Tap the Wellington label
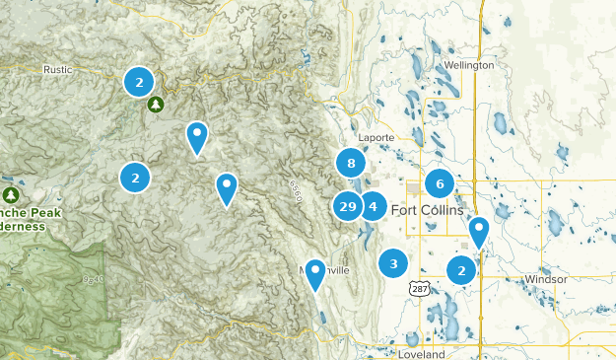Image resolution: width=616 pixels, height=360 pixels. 468,65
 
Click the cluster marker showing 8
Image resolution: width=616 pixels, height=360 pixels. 351,163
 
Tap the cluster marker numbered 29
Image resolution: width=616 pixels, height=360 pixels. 347,206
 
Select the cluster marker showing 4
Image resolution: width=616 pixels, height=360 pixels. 373,206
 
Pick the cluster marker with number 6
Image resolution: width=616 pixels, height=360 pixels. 440,182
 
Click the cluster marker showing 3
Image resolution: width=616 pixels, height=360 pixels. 393,263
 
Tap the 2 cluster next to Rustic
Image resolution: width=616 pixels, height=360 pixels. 139,81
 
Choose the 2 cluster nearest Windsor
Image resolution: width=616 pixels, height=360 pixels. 461,269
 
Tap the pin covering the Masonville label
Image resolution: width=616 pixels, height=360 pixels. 315,272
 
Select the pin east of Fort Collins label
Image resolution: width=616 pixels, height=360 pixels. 479,231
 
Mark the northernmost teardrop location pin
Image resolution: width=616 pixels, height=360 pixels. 197,135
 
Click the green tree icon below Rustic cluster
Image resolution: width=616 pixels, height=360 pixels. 155,104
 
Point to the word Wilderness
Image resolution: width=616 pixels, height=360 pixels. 22,226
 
